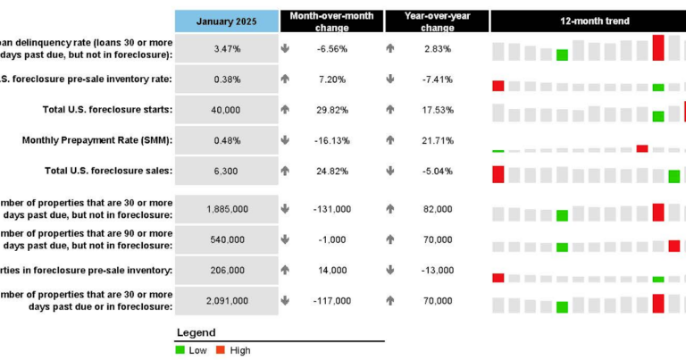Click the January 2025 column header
(226, 21)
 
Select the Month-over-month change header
(332, 21)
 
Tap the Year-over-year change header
(438, 21)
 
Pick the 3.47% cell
(226, 49)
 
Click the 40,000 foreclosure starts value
(226, 110)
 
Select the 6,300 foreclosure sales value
(226, 171)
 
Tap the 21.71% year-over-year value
(439, 140)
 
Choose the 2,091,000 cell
(226, 301)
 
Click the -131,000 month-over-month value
(333, 209)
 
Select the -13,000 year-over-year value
(439, 270)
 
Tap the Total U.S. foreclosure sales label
(108, 171)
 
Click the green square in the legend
(180, 350)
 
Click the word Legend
(196, 331)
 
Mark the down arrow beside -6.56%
(285, 49)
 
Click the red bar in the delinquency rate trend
(658, 47)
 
